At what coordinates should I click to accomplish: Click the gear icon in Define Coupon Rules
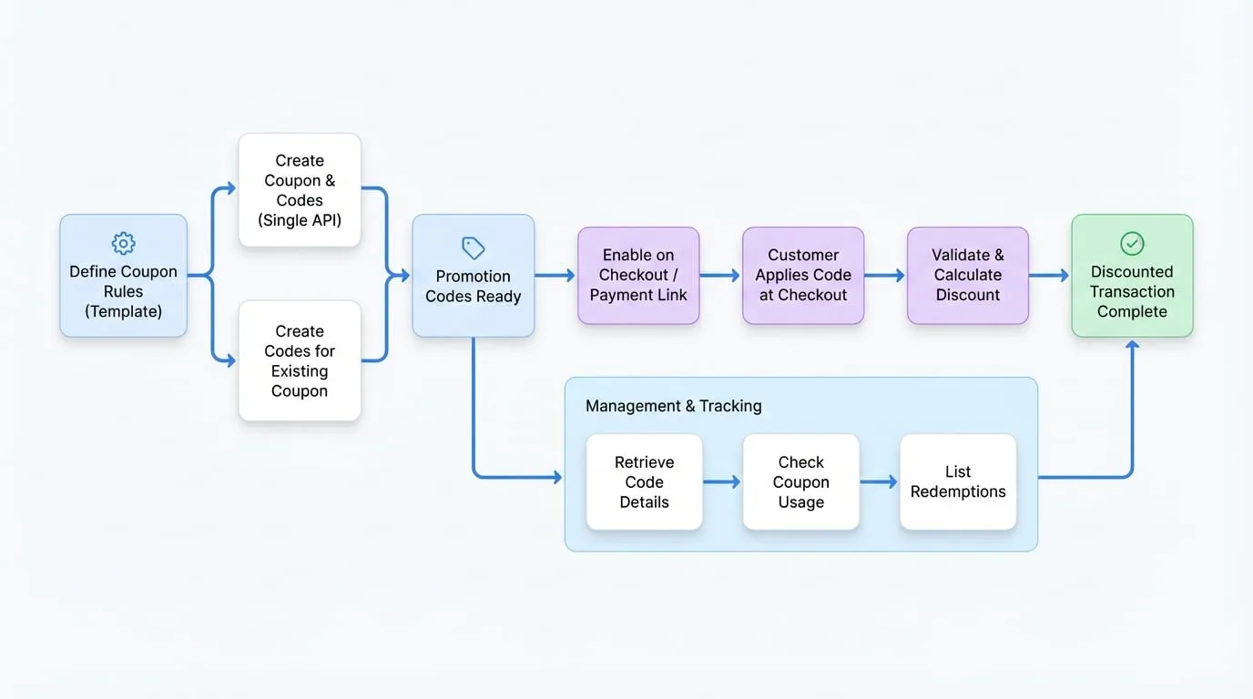click(x=123, y=243)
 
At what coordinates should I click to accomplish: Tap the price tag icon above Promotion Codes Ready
click(x=474, y=248)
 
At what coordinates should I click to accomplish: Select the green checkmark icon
click(x=1132, y=244)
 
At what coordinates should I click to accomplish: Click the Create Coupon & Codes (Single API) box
click(x=300, y=189)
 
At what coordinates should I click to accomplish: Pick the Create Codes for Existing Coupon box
click(x=300, y=360)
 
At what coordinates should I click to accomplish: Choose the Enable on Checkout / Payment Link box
click(x=638, y=275)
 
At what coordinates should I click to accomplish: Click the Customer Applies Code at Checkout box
click(x=803, y=275)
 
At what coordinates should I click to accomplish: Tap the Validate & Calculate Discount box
click(x=968, y=275)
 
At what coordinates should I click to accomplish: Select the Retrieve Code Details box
click(x=645, y=482)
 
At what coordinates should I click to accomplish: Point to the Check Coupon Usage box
click(x=801, y=482)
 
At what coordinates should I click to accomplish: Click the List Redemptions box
click(x=958, y=482)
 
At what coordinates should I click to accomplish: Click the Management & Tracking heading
click(x=674, y=406)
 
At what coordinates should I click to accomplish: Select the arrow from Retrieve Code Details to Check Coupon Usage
click(x=722, y=482)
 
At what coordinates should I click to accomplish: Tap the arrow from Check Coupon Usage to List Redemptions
click(x=879, y=482)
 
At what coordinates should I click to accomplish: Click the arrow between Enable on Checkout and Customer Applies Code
click(x=720, y=275)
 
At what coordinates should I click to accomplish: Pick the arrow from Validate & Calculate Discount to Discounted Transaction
click(x=1049, y=275)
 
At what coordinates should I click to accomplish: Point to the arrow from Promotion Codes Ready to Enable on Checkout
click(x=555, y=275)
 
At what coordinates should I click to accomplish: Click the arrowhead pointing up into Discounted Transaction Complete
click(x=1132, y=345)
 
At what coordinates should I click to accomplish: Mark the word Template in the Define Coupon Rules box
click(x=123, y=311)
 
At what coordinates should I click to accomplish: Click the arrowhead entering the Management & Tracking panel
click(x=557, y=477)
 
